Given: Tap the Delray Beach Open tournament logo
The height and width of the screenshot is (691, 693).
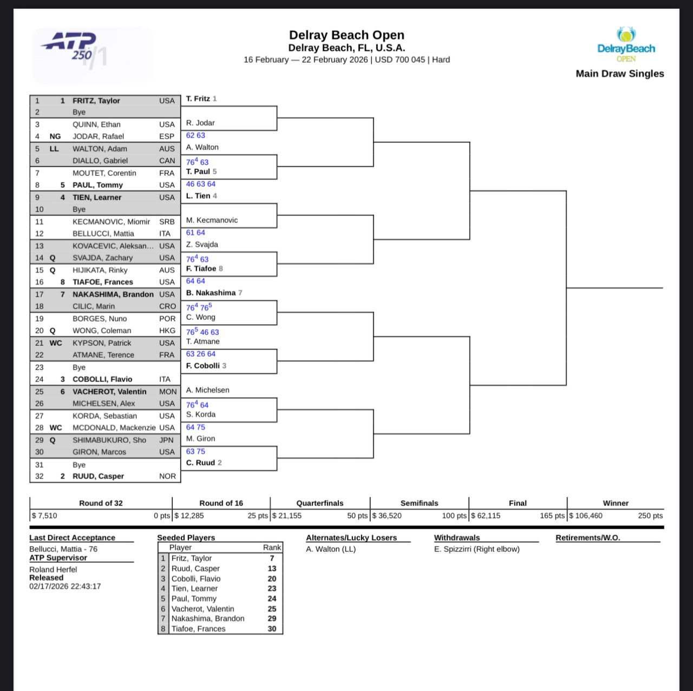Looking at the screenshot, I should (626, 45).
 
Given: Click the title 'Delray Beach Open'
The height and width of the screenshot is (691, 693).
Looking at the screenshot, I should (346, 35).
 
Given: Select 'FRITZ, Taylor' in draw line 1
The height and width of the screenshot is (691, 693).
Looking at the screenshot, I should (96, 101).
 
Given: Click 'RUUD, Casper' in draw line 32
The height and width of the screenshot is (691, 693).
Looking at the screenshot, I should (99, 476).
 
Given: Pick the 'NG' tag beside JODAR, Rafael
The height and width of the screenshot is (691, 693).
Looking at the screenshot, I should (55, 136).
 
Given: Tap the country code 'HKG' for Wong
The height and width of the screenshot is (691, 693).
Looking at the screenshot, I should (167, 331).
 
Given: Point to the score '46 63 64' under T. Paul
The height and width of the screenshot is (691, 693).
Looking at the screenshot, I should (201, 184).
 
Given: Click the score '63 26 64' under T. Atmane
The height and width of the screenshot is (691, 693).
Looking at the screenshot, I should (201, 354).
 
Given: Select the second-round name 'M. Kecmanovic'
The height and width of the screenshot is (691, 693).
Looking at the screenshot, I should (212, 220).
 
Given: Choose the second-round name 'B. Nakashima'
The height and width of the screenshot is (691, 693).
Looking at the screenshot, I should (211, 293).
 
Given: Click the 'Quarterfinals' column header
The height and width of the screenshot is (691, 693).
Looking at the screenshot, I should (320, 503).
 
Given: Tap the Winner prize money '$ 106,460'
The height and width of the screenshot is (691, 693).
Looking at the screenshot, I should (586, 516).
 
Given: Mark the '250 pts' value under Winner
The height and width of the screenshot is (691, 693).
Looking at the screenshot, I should (650, 516).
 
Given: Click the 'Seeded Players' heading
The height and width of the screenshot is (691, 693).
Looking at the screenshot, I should (186, 538).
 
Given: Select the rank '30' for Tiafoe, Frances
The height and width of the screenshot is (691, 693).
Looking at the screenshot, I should (272, 629).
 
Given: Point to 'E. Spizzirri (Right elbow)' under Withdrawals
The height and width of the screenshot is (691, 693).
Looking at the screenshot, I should (477, 549).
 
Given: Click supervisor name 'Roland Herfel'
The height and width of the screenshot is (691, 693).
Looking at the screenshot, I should (53, 570).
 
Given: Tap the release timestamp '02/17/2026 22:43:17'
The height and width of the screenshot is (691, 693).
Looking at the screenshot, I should (65, 586).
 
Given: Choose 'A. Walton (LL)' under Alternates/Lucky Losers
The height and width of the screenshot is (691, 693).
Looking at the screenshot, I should (331, 549).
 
